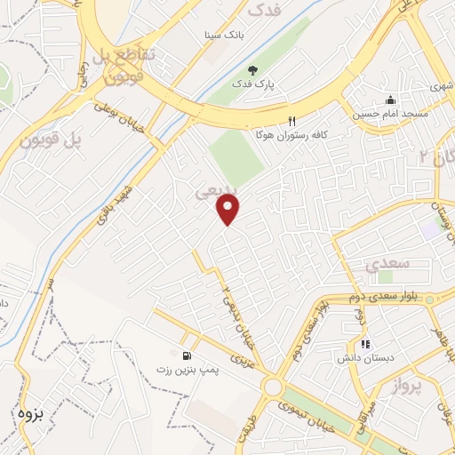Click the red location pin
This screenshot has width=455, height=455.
[228, 210]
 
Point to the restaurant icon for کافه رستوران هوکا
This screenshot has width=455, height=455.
[291, 121]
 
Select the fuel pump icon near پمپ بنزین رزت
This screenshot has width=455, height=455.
[186, 355]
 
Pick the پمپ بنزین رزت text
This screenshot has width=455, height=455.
[187, 369]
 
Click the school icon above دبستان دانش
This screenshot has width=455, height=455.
[363, 345]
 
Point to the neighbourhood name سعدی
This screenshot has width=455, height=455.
[387, 265]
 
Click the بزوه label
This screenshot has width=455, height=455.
[30, 414]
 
